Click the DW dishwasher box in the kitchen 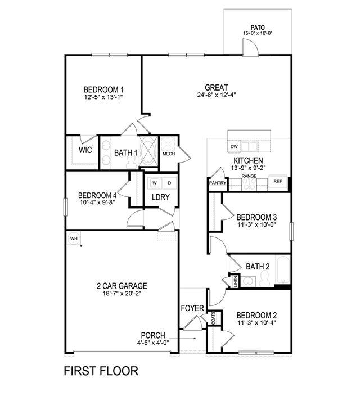pos(234,147)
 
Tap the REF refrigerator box pos(277,181)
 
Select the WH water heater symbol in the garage pos(74,238)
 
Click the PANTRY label pos(218,183)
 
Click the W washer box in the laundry pos(154,183)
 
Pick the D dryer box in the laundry pos(169,183)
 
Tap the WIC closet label pos(85,150)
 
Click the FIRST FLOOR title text pos(100,371)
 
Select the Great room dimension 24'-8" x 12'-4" pos(216,96)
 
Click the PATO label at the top pos(258,26)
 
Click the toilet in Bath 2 pos(268,280)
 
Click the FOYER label pos(192,308)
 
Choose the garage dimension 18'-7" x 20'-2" pos(121,294)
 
